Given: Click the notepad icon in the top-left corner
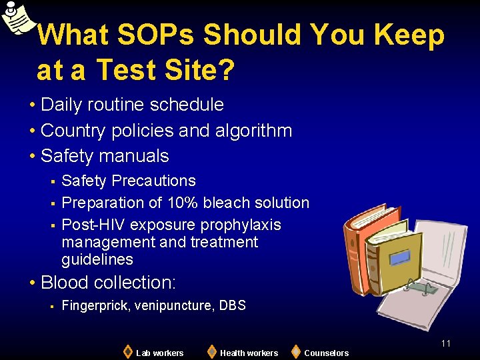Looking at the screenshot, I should pyautogui.click(x=17, y=17).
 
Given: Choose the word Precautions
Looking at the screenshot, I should pyautogui.click(x=154, y=181).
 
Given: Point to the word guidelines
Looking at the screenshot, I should pyautogui.click(x=97, y=259).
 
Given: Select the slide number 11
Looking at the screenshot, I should pyautogui.click(x=446, y=343).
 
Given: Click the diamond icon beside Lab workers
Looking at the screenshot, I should pyautogui.click(x=127, y=351).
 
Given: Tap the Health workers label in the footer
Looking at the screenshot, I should pyautogui.click(x=249, y=353).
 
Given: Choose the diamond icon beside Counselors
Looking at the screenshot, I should pyautogui.click(x=295, y=351).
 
